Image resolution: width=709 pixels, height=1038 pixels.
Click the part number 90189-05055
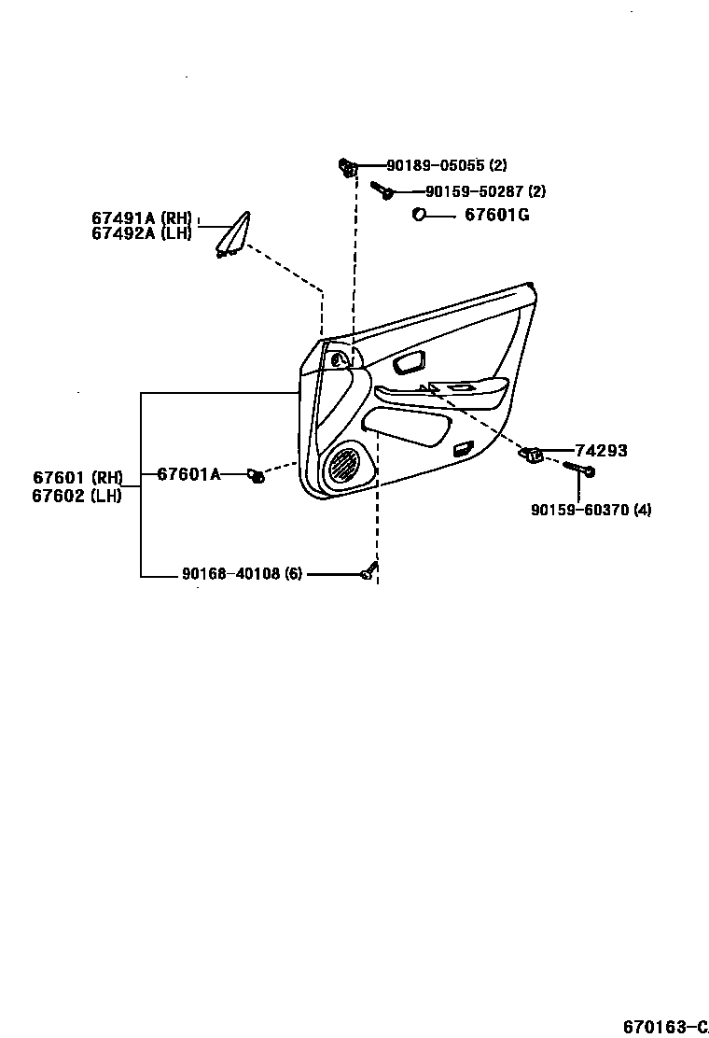pos(435,165)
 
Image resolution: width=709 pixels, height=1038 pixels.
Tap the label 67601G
pos(497,216)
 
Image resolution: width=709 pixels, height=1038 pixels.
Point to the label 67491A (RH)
pos(141,218)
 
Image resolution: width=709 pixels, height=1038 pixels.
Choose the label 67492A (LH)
pos(141,233)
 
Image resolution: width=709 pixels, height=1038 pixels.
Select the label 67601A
pos(188,474)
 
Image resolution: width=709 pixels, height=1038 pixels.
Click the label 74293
pos(601,451)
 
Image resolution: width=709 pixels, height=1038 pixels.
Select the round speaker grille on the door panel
pos(346,464)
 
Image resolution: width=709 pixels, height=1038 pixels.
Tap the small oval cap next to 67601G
pos(419,216)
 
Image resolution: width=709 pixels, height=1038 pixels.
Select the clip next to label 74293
pos(532,455)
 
